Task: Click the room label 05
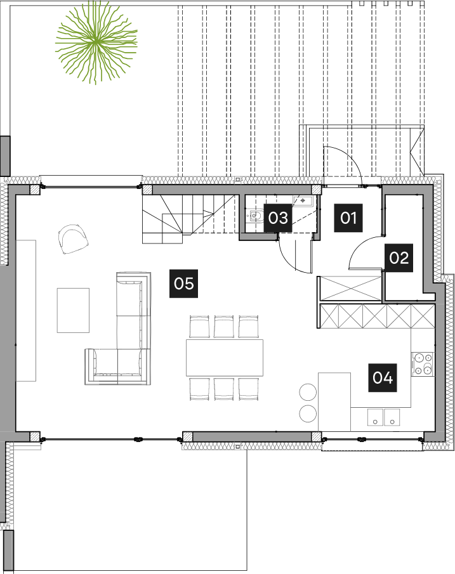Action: tap(183, 283)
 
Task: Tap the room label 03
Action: tap(278, 218)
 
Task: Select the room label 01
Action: tap(348, 218)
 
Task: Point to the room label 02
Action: tap(399, 258)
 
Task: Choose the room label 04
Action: tap(383, 378)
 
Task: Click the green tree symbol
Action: tap(96, 42)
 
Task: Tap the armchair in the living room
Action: tap(73, 238)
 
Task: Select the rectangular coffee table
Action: tap(73, 310)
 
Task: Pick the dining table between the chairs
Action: tap(224, 358)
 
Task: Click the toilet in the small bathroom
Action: tap(254, 217)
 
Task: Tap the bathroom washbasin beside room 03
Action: tap(301, 201)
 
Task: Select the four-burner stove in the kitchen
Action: tap(422, 364)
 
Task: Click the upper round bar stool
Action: tap(308, 392)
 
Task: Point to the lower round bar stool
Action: tap(308, 414)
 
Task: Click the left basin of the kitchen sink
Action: tap(375, 417)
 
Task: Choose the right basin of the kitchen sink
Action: tap(392, 417)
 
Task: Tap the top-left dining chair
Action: tap(199, 327)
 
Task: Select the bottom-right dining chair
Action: tap(248, 388)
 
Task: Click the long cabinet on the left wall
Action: tap(26, 310)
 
